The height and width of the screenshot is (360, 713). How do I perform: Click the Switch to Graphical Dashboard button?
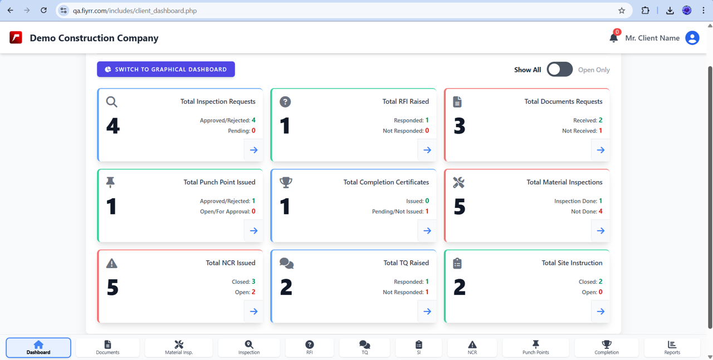pos(166,69)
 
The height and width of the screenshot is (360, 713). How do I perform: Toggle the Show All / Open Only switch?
pos(559,69)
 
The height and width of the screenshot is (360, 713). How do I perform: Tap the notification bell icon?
pos(613,38)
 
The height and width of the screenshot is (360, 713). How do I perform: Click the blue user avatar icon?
pos(692,38)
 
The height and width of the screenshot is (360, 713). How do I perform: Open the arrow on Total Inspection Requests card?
pos(253,150)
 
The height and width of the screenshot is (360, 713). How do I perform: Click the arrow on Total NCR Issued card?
pos(253,312)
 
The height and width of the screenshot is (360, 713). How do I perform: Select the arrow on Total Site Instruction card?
pos(600,312)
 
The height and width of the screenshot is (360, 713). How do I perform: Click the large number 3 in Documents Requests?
pos(459,127)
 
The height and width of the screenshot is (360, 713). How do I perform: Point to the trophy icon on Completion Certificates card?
pos(286,182)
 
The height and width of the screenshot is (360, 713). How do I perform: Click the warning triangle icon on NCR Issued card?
pos(112,263)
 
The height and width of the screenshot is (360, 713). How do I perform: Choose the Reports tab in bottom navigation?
pos(672,348)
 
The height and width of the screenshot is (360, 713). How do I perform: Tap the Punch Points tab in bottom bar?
pos(535,348)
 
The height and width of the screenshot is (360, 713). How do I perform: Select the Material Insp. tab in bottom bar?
pos(179,348)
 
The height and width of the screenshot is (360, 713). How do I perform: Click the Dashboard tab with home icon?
pos(38,348)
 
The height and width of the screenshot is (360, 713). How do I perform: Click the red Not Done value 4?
pos(600,211)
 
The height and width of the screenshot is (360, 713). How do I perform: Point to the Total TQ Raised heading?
pos(406,263)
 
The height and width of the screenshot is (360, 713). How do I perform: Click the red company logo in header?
pos(16,38)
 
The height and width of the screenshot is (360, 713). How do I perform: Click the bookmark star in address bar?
pos(622,11)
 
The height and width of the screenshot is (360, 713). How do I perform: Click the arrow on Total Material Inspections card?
pos(600,231)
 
